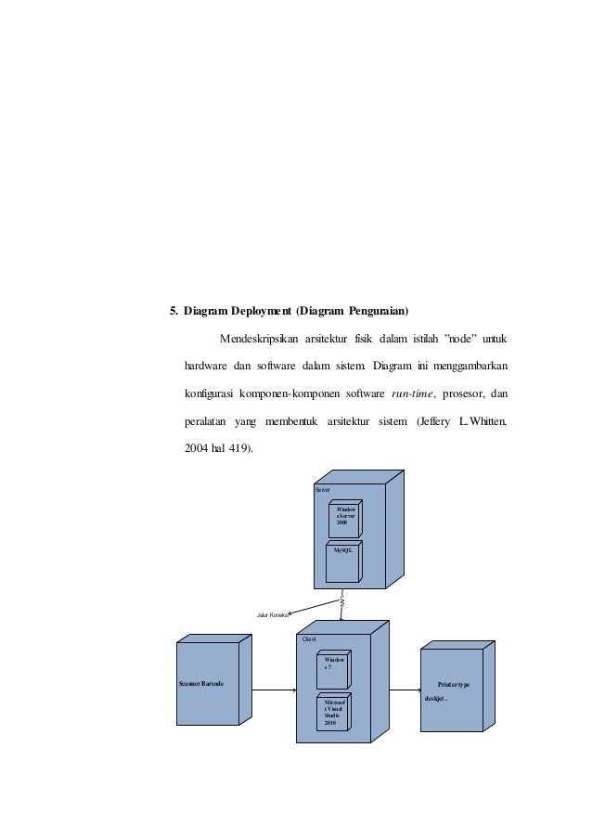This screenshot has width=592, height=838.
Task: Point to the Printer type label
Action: pyautogui.click(x=452, y=684)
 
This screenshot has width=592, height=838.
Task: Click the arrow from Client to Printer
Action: pyautogui.click(x=399, y=690)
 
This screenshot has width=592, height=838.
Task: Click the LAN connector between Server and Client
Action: pyautogui.click(x=343, y=602)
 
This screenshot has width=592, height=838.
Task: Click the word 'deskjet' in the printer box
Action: pyautogui.click(x=434, y=698)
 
